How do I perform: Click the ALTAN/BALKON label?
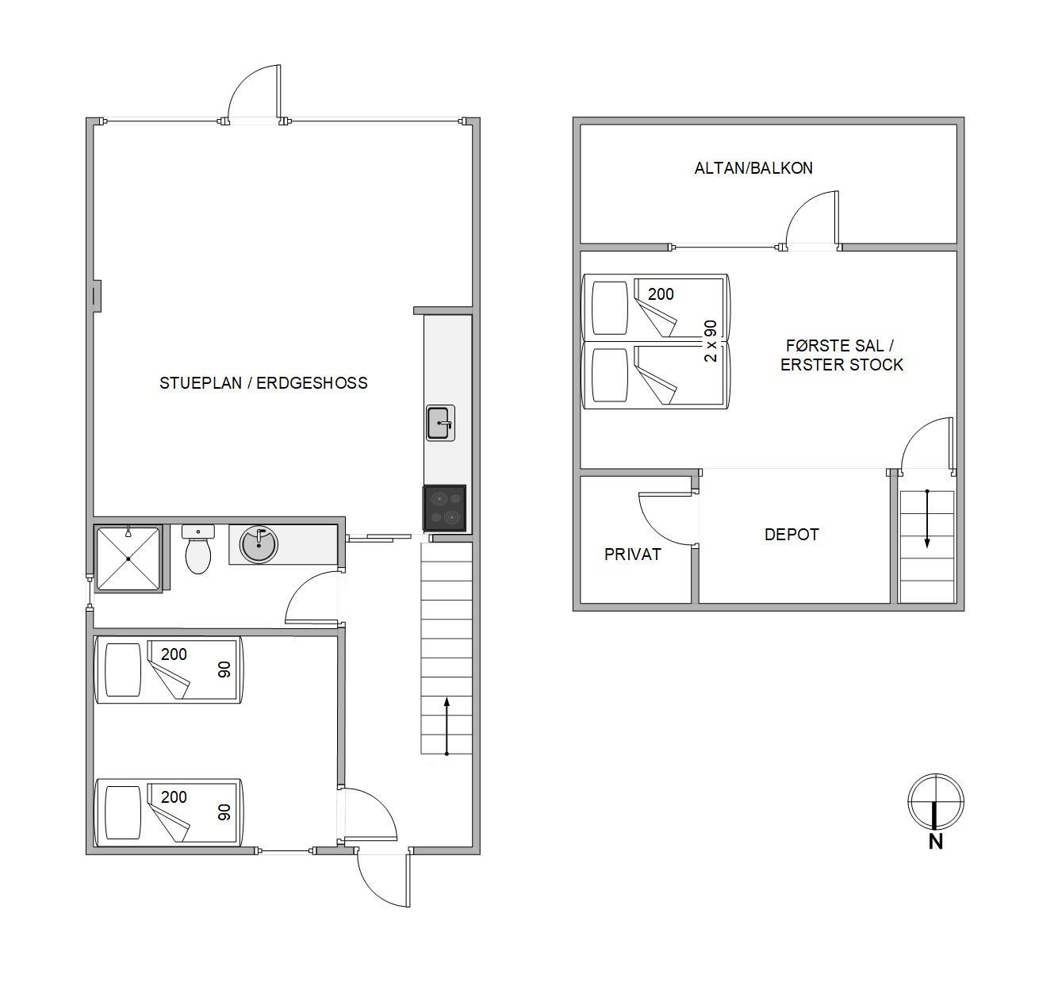click(753, 168)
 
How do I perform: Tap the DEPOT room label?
click(791, 535)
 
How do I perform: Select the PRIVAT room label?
click(632, 555)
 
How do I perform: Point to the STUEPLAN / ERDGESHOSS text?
click(263, 383)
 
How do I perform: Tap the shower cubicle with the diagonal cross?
click(128, 558)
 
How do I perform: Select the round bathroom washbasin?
click(259, 545)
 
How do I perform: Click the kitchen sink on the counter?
click(440, 423)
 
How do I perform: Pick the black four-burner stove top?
click(444, 508)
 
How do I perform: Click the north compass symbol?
click(936, 802)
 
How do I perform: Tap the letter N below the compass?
click(936, 842)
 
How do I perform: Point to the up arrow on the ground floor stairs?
click(447, 727)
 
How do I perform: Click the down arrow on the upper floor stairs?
click(927, 519)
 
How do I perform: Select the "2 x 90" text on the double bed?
click(711, 341)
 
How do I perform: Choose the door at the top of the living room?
click(254, 94)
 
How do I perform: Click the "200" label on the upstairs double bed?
click(661, 294)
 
